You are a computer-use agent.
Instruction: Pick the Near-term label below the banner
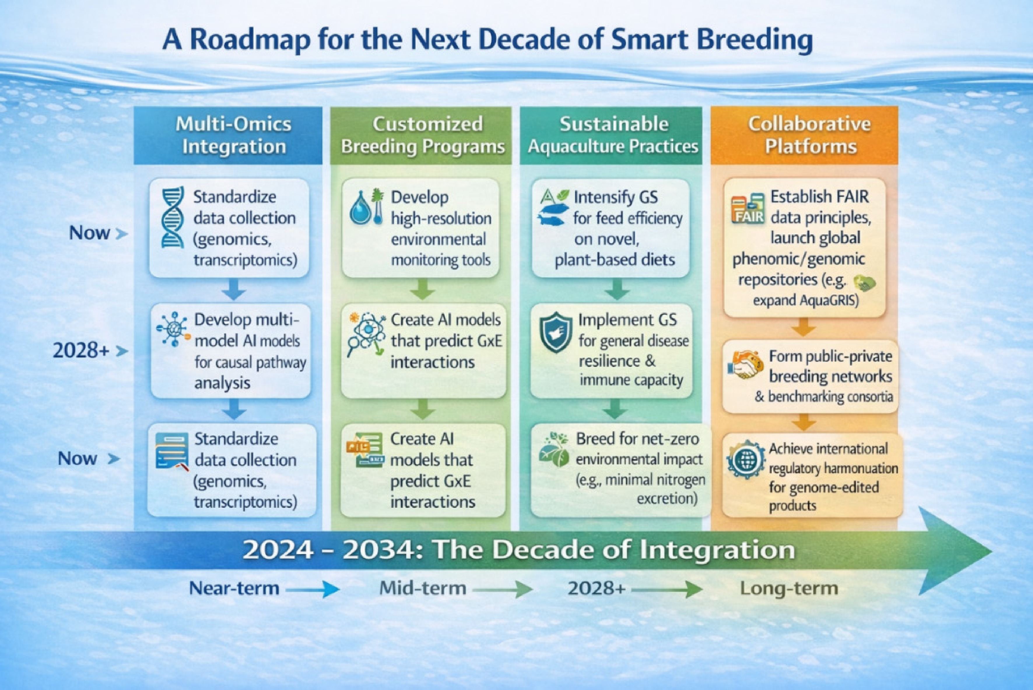coord(234,588)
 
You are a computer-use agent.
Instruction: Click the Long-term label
coord(789,588)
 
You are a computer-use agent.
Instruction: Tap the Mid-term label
coord(423,588)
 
